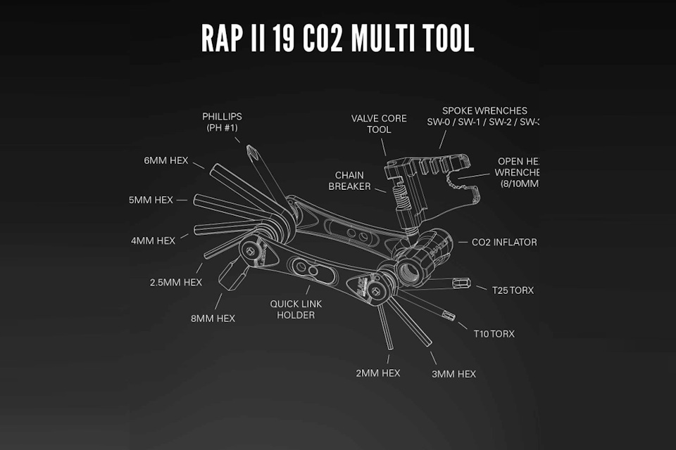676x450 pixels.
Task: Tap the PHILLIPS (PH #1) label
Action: (x=222, y=122)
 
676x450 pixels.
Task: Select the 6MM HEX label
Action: (x=165, y=160)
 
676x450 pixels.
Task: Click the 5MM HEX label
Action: (x=151, y=200)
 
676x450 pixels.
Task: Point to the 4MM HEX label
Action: (x=153, y=240)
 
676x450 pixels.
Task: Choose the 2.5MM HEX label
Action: (x=176, y=282)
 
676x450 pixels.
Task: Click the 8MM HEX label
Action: (x=212, y=318)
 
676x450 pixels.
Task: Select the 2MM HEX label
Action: (x=378, y=373)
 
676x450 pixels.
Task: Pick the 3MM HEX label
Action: (x=453, y=373)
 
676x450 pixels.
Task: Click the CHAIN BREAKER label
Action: (x=350, y=181)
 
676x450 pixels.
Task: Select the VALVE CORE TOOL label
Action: (x=379, y=124)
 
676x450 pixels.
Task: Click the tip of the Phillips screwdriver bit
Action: (x=250, y=149)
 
